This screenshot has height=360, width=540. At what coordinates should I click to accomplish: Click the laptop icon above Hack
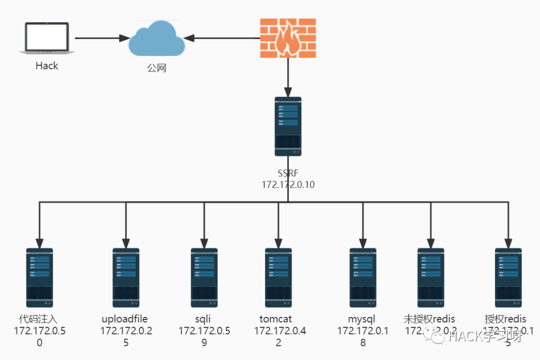click(x=46, y=38)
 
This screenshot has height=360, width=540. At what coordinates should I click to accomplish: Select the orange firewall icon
click(x=288, y=37)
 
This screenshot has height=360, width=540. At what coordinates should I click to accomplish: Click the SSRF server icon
click(x=288, y=126)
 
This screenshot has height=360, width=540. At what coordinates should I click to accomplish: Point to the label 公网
click(x=156, y=68)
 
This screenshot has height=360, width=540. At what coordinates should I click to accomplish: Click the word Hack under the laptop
click(x=47, y=66)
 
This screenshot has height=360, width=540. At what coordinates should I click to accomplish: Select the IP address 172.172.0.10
click(x=288, y=184)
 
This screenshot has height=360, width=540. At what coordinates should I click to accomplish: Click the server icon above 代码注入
click(x=39, y=277)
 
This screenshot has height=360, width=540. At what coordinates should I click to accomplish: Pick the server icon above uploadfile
click(x=126, y=277)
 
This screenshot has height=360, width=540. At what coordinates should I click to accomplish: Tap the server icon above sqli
click(x=204, y=277)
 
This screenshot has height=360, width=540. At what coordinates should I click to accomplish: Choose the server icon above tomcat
click(x=278, y=277)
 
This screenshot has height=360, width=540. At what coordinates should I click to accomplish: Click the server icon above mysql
click(x=363, y=277)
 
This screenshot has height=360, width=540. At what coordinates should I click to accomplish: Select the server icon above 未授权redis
click(x=430, y=277)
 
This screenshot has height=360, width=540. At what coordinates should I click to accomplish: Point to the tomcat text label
click(x=275, y=319)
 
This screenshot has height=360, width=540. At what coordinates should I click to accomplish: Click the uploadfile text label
click(x=125, y=319)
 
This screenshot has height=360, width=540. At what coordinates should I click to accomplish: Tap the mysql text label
click(x=361, y=319)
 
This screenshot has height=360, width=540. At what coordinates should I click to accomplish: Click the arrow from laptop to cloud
click(x=100, y=38)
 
